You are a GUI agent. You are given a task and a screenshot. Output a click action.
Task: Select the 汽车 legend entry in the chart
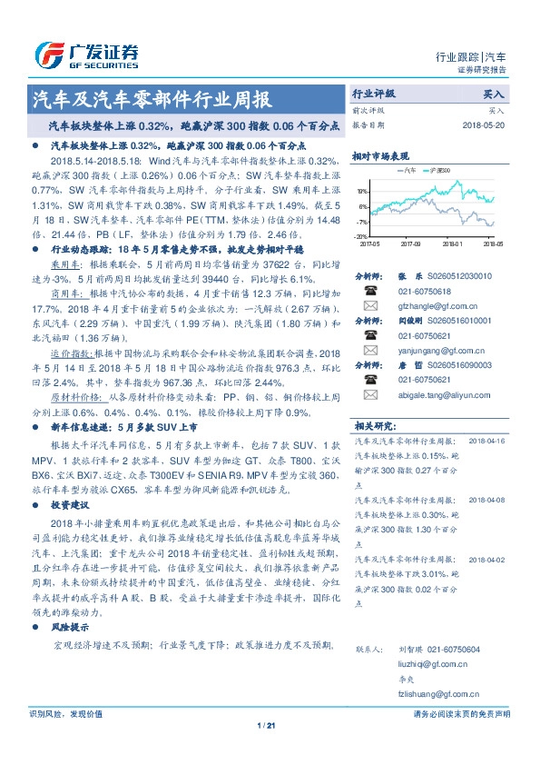click(409, 170)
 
